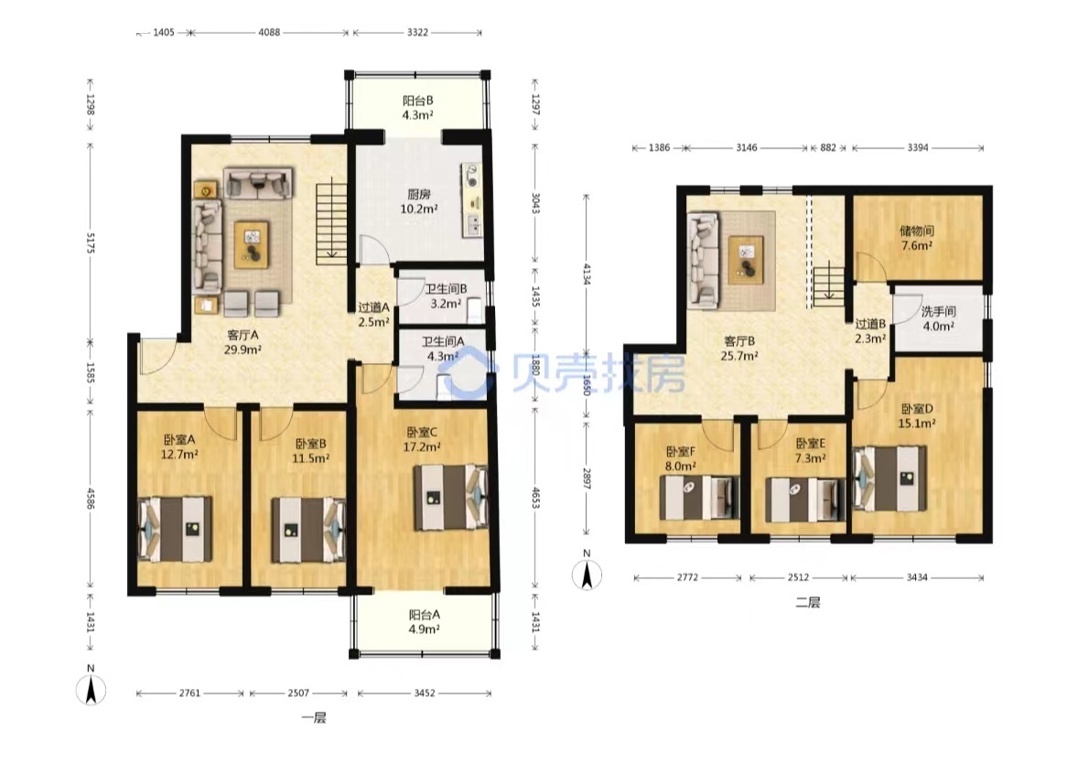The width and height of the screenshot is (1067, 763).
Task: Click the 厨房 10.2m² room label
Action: (418, 201)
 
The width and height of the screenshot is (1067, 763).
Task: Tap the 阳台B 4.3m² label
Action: (418, 108)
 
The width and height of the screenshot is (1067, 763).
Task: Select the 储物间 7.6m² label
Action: (917, 238)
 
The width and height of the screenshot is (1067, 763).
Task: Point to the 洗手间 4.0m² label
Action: (938, 318)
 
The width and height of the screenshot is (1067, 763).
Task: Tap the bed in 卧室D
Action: (889, 478)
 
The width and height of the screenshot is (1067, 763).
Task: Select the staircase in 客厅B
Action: (828, 285)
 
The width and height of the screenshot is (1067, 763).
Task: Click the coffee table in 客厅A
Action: (252, 245)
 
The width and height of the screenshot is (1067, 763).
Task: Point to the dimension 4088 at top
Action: (269, 32)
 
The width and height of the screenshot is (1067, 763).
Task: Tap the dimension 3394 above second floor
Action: (917, 147)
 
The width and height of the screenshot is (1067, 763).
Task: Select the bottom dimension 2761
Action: (189, 693)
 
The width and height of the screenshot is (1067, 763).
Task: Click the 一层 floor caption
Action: (314, 718)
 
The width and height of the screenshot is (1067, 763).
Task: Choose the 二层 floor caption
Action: (808, 603)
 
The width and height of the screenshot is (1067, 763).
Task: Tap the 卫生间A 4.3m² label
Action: (442, 349)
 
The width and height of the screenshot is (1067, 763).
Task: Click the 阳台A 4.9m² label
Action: (424, 621)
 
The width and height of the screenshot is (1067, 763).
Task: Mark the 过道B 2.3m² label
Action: (870, 330)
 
